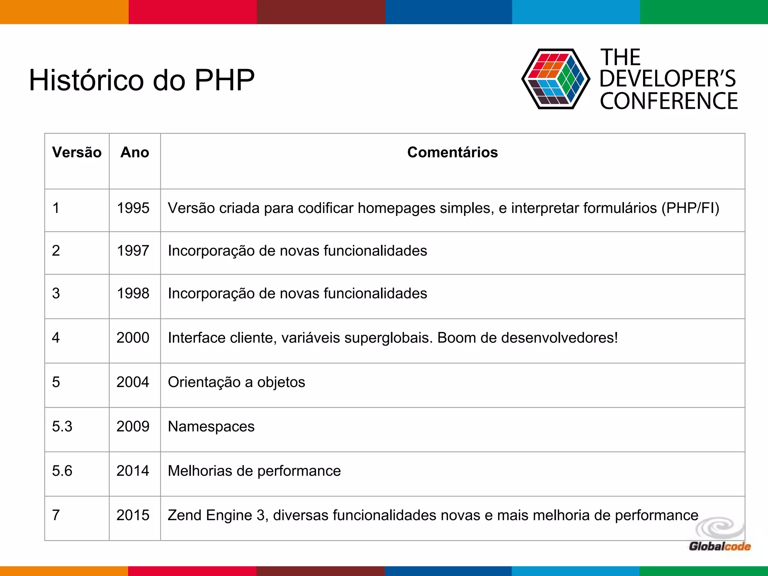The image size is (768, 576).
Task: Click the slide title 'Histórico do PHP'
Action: click(x=142, y=80)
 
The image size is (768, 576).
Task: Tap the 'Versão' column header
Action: click(x=77, y=152)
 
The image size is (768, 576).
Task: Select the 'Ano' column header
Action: click(x=135, y=152)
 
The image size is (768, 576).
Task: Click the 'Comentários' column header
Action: click(x=452, y=152)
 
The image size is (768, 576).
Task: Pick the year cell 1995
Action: click(x=133, y=208)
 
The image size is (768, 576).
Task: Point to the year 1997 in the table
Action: click(x=133, y=250)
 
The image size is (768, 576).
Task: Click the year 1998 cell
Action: click(x=133, y=293)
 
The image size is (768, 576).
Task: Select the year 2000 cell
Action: click(x=133, y=337)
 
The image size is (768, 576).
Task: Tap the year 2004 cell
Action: click(x=133, y=382)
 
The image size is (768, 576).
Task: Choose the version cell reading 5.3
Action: click(x=62, y=426)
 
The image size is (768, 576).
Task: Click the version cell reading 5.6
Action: click(x=62, y=471)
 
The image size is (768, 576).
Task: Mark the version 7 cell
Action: click(x=56, y=515)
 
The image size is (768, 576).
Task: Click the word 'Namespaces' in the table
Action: click(x=211, y=426)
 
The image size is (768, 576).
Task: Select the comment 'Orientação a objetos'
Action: click(x=236, y=382)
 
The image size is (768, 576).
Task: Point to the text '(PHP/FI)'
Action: click(x=690, y=208)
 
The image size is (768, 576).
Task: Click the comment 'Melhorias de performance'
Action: click(x=254, y=471)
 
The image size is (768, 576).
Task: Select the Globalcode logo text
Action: click(x=720, y=546)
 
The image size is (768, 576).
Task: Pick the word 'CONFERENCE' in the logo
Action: click(x=669, y=101)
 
